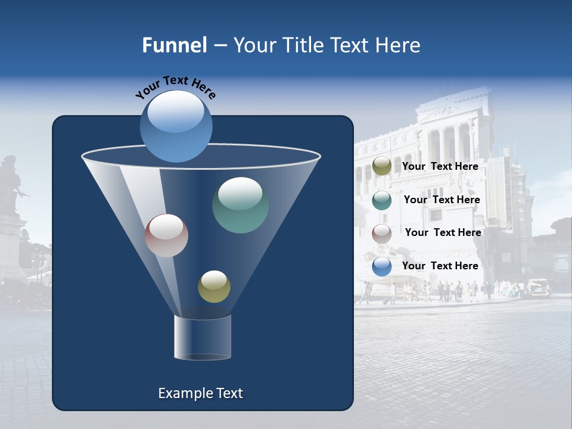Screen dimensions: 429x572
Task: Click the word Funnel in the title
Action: click(x=174, y=45)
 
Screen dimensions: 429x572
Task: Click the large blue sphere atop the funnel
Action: click(x=176, y=126)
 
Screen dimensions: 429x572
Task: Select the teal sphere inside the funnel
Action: click(x=240, y=205)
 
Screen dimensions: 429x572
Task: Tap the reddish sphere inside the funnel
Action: click(x=166, y=235)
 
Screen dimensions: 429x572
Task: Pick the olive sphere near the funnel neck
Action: click(x=214, y=287)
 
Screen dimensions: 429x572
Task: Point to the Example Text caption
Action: click(x=200, y=393)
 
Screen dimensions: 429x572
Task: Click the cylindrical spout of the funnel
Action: click(x=202, y=337)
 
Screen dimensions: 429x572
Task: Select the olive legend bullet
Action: click(x=381, y=166)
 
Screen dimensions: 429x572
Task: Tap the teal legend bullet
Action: click(x=381, y=200)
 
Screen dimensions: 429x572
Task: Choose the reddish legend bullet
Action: click(x=381, y=233)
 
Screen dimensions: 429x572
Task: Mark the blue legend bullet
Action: click(x=381, y=266)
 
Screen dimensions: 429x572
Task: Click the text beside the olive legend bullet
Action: click(x=440, y=166)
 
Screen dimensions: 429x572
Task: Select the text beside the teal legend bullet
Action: click(x=442, y=200)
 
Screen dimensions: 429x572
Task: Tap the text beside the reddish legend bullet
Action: click(x=443, y=232)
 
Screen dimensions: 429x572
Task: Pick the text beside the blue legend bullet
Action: click(x=440, y=266)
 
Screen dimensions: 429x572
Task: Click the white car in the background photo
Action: click(x=538, y=288)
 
